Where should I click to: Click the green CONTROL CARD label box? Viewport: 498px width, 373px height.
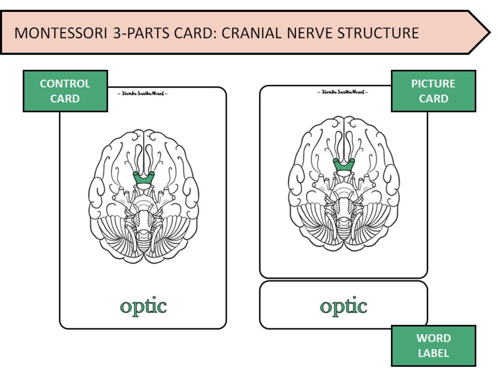[x=65, y=91]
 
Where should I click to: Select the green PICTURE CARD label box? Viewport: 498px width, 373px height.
[x=433, y=91]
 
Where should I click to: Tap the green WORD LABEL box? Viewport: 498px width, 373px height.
[x=433, y=345]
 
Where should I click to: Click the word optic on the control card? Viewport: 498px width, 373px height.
[x=143, y=306]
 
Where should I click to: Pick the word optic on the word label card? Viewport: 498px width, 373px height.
[x=343, y=306]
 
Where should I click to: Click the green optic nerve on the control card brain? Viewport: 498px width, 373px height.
[x=144, y=179]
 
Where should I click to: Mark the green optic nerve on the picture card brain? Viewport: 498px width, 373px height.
[x=344, y=165]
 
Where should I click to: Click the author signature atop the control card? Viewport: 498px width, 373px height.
[x=143, y=93]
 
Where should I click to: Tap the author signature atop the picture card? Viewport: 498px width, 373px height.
[x=343, y=92]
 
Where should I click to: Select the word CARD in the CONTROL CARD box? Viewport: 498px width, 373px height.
[x=65, y=99]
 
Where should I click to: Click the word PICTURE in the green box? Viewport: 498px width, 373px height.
[x=433, y=83]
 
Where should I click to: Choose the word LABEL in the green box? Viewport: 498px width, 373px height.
[x=433, y=353]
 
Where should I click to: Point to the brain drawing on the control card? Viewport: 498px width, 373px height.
[x=144, y=197]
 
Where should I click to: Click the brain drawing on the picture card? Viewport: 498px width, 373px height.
[x=344, y=183]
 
